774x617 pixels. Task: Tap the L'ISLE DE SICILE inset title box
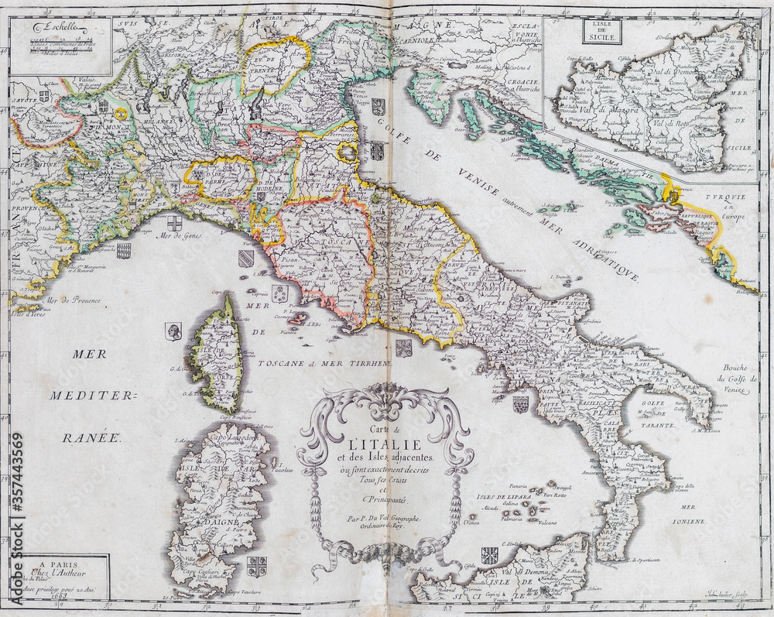tap(601, 32)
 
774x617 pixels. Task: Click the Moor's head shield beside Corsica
tap(173, 331)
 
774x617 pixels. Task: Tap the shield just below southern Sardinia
tap(256, 567)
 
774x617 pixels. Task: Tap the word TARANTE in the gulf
tap(656, 425)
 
